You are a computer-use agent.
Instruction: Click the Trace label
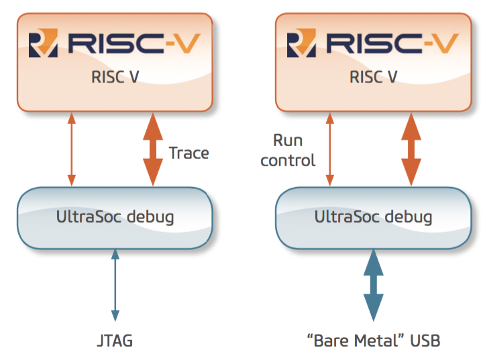point(188,153)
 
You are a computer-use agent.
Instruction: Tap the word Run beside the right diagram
point(288,141)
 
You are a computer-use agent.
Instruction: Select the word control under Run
point(288,160)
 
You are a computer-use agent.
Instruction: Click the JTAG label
point(115,341)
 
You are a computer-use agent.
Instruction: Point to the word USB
point(425,341)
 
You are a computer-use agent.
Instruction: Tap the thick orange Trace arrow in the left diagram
point(153,149)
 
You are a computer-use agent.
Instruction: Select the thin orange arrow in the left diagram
point(72,149)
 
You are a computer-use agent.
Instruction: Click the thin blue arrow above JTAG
point(115,285)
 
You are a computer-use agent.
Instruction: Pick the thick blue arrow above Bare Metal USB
point(374,285)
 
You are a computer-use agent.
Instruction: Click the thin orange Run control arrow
point(330,149)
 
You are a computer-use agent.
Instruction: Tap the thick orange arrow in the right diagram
point(411,149)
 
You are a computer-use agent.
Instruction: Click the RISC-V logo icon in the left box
point(43,43)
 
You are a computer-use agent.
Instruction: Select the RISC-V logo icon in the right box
point(301,43)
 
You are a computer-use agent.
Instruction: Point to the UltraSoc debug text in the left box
point(115,217)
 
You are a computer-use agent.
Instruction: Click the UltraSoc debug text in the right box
point(374,217)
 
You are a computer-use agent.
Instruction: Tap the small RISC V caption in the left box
point(115,77)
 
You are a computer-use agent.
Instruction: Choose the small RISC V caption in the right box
point(374,77)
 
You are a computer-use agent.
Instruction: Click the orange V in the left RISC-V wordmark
point(187,44)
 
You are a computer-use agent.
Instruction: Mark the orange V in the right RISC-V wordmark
point(445,44)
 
